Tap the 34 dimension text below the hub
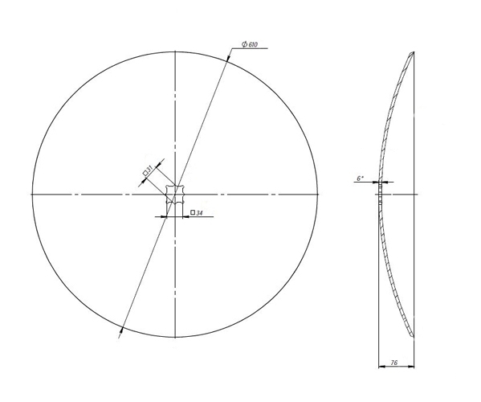(198, 213)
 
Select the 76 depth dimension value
(393, 363)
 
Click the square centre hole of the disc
(174, 194)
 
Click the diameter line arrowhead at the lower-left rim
(121, 328)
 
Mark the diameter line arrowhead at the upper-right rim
(229, 60)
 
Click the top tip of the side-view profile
(413, 53)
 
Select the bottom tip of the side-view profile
(413, 336)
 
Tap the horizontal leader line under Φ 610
(251, 49)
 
